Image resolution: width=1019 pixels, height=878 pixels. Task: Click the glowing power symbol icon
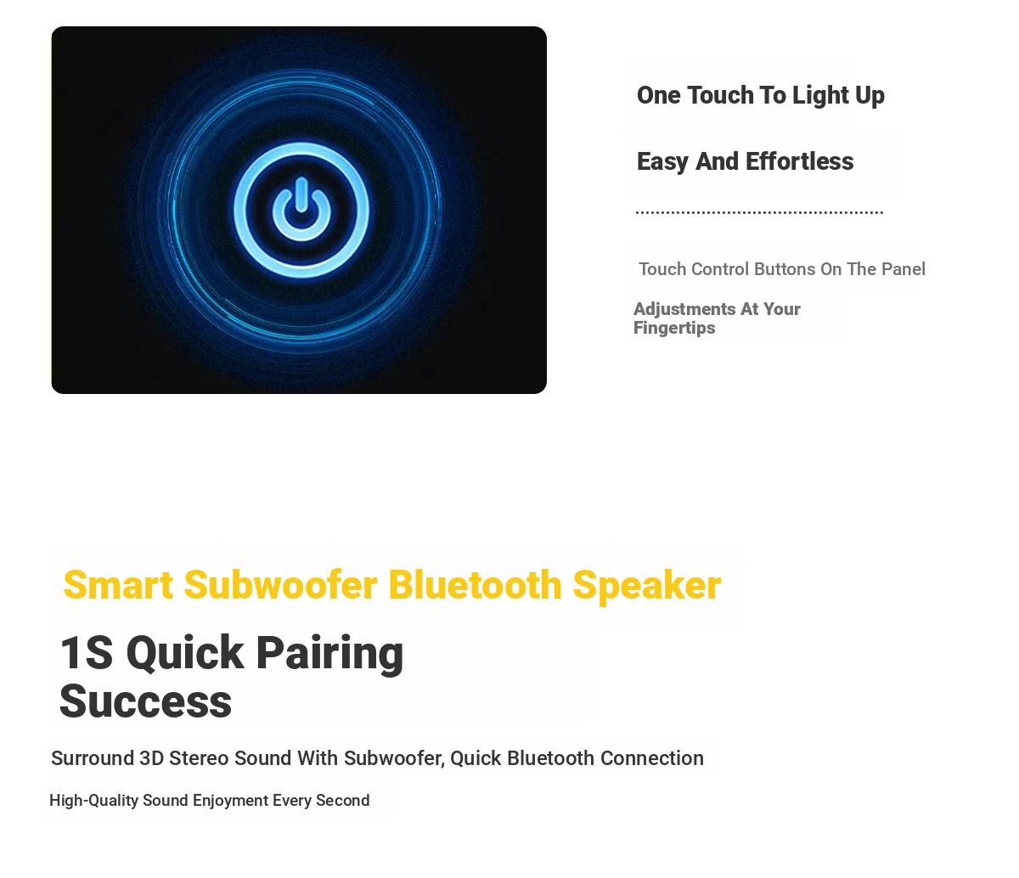tap(301, 210)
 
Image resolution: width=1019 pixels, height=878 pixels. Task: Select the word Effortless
tap(799, 161)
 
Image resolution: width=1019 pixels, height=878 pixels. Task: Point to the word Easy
tap(663, 162)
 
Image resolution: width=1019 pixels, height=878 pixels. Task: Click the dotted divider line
tap(759, 212)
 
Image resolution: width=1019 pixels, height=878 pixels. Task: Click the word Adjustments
tap(684, 309)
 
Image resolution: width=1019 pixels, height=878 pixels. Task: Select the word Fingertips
tap(674, 328)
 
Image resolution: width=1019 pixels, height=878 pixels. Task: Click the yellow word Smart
tap(118, 585)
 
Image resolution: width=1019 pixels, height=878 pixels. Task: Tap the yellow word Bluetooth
tap(475, 585)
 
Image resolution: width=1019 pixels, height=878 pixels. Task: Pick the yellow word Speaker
tap(647, 586)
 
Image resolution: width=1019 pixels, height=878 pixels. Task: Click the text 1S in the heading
tap(86, 652)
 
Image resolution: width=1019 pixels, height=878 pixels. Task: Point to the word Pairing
tap(329, 654)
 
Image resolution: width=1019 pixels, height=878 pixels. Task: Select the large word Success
tap(145, 701)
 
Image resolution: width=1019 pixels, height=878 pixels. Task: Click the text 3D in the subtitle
tap(151, 758)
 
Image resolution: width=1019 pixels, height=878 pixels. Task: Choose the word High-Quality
tap(93, 801)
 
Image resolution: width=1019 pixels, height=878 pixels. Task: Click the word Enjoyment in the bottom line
tap(230, 801)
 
